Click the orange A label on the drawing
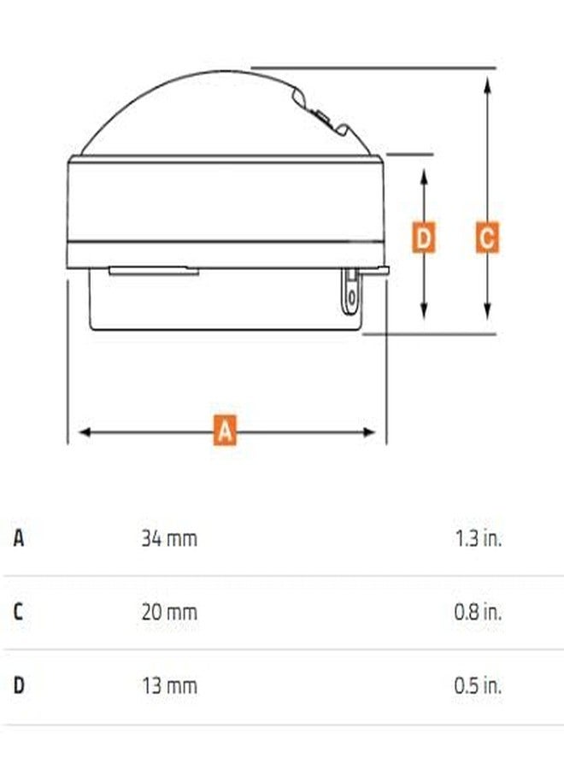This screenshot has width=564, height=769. (x=225, y=430)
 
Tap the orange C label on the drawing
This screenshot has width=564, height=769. (x=487, y=238)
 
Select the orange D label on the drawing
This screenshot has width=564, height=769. (x=423, y=238)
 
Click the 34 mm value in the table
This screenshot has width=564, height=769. (x=170, y=538)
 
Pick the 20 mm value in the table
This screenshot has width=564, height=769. (x=170, y=612)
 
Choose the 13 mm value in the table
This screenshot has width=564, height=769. (x=170, y=685)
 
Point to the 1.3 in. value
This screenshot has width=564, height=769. (x=479, y=538)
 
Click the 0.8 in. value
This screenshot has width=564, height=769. (x=479, y=612)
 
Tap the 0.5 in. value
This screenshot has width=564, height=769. (x=479, y=685)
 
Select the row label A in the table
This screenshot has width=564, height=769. (x=19, y=538)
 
